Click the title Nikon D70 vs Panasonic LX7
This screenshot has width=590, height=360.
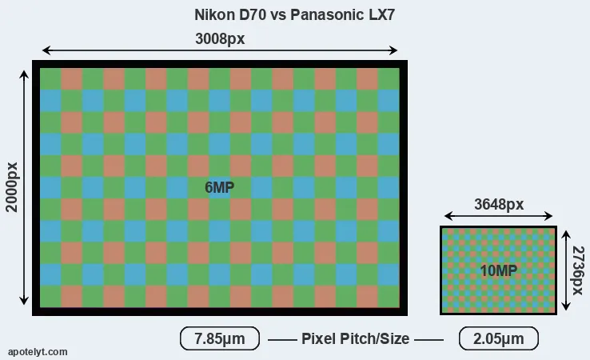(294, 15)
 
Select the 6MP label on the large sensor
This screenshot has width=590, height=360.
(219, 187)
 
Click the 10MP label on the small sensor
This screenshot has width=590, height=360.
(498, 270)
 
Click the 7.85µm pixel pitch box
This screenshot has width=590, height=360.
(220, 338)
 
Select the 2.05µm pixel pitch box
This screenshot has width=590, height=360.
(499, 338)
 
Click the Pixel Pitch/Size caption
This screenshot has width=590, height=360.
(355, 338)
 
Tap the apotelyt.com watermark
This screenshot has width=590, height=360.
(38, 352)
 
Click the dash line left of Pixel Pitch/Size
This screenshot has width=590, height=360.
(282, 340)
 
